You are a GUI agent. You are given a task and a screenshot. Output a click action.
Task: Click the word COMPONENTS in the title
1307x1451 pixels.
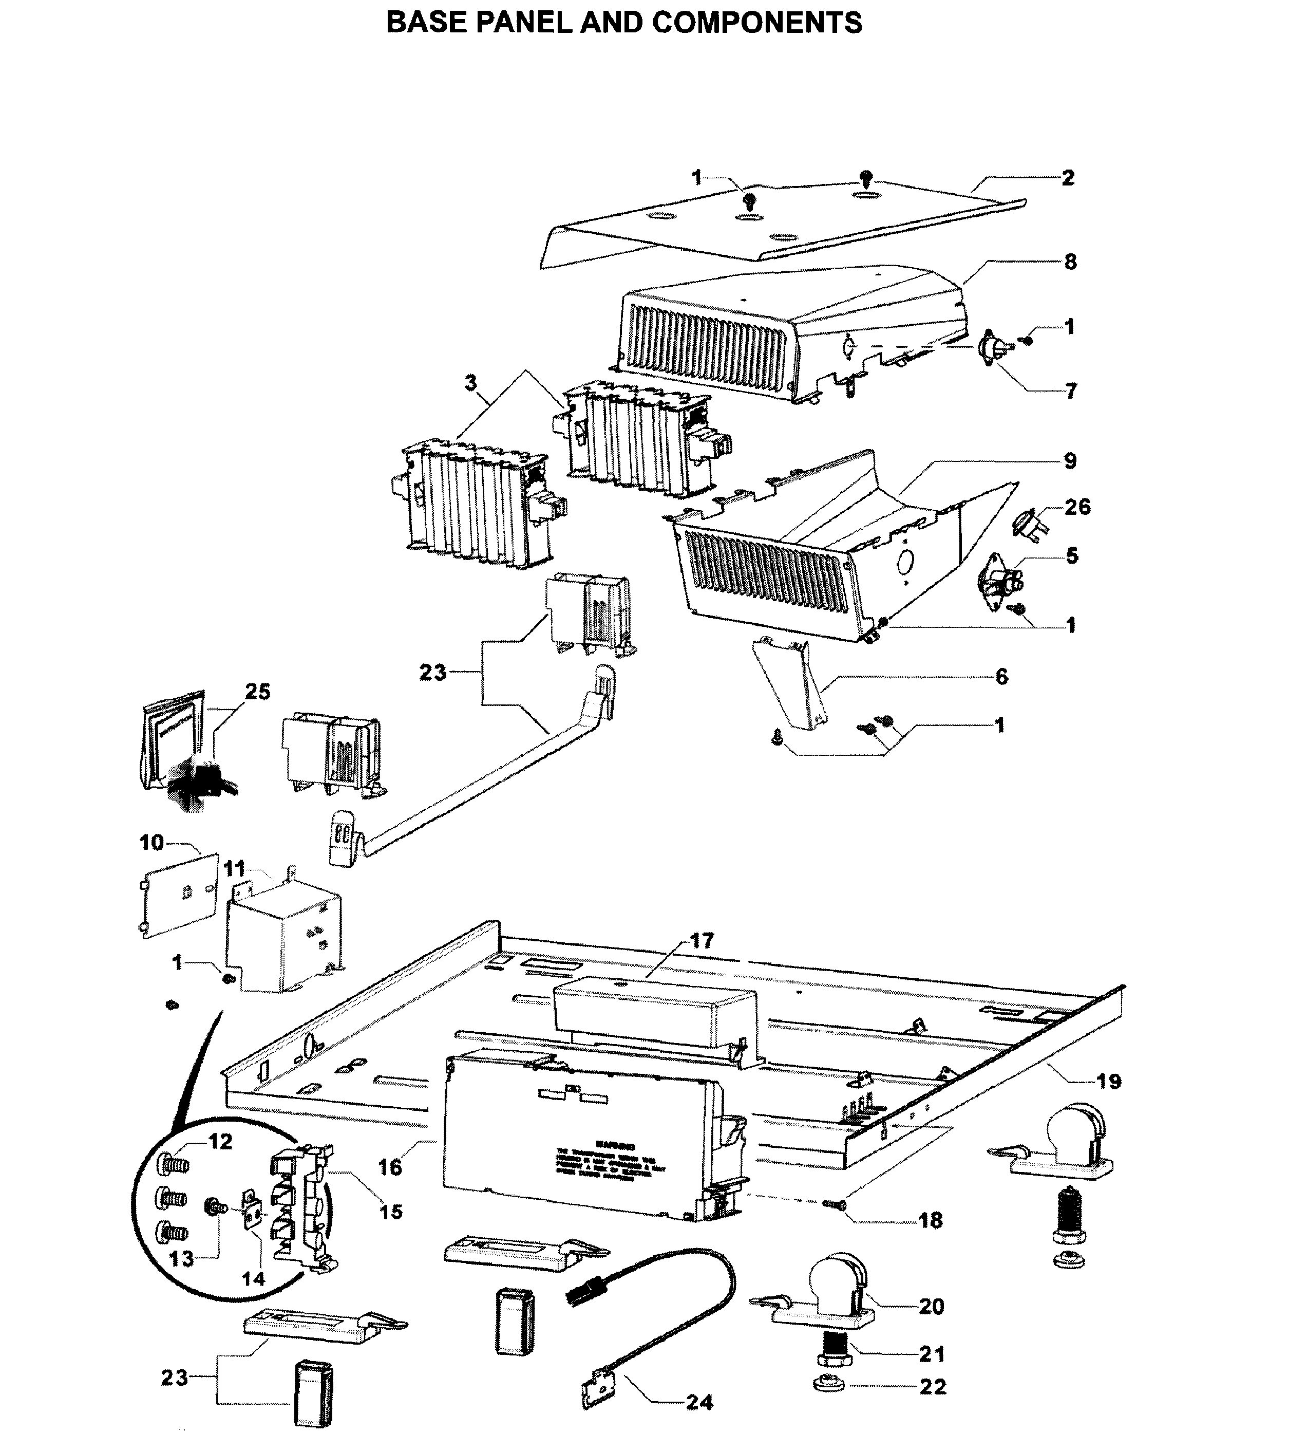click(x=757, y=23)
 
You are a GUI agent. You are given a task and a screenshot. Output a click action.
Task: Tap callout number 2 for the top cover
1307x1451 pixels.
click(x=1068, y=178)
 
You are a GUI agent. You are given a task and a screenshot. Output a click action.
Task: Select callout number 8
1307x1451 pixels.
click(x=1070, y=262)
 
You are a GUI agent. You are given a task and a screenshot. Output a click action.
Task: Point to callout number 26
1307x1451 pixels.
click(x=1077, y=507)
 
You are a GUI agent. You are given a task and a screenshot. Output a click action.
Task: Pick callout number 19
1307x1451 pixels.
click(x=1109, y=1082)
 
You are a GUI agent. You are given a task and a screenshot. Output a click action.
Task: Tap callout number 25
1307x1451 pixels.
click(x=257, y=692)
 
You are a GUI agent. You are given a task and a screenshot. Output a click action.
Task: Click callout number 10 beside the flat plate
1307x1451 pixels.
click(x=151, y=843)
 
